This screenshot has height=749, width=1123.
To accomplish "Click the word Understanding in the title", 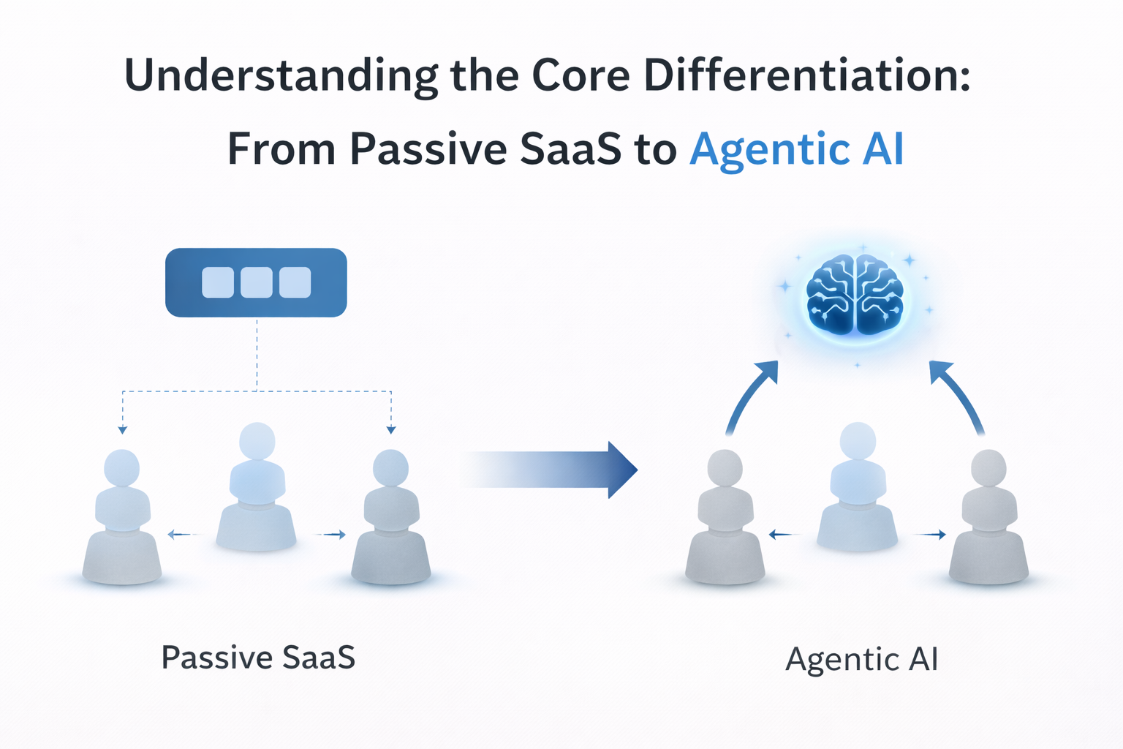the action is pos(281,77).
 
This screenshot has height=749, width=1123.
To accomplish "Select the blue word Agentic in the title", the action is pos(770,149).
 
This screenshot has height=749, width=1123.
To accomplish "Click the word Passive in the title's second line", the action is pos(428,148).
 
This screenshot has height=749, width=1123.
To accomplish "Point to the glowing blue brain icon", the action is pos(855,294).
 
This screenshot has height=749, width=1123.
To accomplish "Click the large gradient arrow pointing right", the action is pos(548,470).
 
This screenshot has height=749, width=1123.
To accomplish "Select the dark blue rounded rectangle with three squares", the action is pos(256,282).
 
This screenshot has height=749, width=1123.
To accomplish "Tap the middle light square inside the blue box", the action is pos(256,282).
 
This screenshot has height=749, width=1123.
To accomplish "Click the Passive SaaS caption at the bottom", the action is pos(258,657).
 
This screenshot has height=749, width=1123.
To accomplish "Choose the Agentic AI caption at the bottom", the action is pos(861,659).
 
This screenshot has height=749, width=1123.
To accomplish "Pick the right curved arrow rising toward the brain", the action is pos(956,396).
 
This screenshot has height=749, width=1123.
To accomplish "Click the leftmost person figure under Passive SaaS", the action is pos(122,516).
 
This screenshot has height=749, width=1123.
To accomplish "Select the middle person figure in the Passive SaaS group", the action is pos(257,486).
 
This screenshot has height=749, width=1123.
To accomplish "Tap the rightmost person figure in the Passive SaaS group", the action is pos(390,516).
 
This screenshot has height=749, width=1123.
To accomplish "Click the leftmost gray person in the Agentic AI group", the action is pos(725,516).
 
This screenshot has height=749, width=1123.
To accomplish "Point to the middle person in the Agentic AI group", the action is pos(858,486).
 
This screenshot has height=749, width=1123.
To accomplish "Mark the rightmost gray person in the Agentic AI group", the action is pos(988,516).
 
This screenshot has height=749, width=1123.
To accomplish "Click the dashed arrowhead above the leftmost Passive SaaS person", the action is pos(122,430).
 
